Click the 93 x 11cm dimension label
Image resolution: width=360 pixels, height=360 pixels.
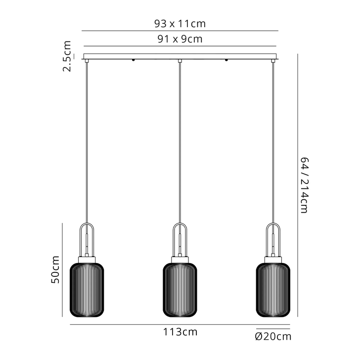point(180,23)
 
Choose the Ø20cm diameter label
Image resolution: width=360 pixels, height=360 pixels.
point(273,337)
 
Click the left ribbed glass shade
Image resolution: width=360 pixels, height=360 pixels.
point(87,290)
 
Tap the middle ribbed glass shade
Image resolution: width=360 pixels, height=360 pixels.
point(180,290)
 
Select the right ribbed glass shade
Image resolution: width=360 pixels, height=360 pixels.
point(273,290)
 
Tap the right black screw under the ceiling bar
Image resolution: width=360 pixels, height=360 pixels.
point(226,61)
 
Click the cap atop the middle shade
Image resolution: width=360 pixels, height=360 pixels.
point(180,258)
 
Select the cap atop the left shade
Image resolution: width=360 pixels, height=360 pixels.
point(87,258)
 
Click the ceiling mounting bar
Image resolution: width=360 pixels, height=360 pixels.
point(180,56)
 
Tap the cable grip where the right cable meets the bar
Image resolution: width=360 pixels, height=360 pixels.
point(273,61)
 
